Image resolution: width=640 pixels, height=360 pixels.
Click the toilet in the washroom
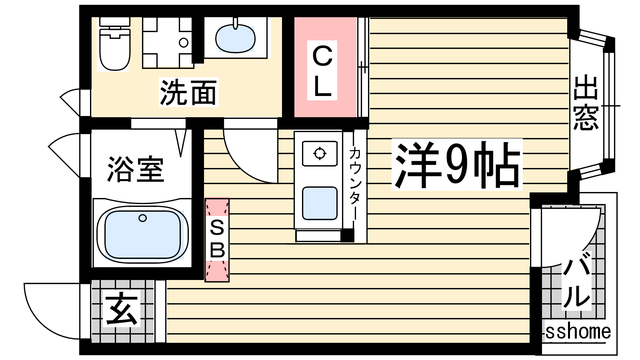pos(115,44)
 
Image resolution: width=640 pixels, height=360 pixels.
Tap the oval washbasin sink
pos(236,39)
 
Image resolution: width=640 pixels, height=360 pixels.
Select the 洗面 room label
pos(188,92)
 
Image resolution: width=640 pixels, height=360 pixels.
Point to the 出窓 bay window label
pos(586,102)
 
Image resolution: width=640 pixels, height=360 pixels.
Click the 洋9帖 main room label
pos(456,165)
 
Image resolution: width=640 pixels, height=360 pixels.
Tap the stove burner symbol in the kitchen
pos(320,154)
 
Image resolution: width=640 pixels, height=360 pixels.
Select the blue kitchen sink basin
pos(320,203)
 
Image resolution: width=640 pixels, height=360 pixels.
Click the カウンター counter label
pos(354,183)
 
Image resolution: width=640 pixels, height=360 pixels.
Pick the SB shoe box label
pos(217,240)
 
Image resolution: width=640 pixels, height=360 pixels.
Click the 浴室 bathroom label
pos(136,170)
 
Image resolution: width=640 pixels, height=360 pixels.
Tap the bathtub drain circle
pos(142,218)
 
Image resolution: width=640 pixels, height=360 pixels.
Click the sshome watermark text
pos(578,332)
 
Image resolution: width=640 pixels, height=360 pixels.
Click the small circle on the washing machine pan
pos(184,43)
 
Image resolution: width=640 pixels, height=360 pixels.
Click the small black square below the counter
pos(347,236)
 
